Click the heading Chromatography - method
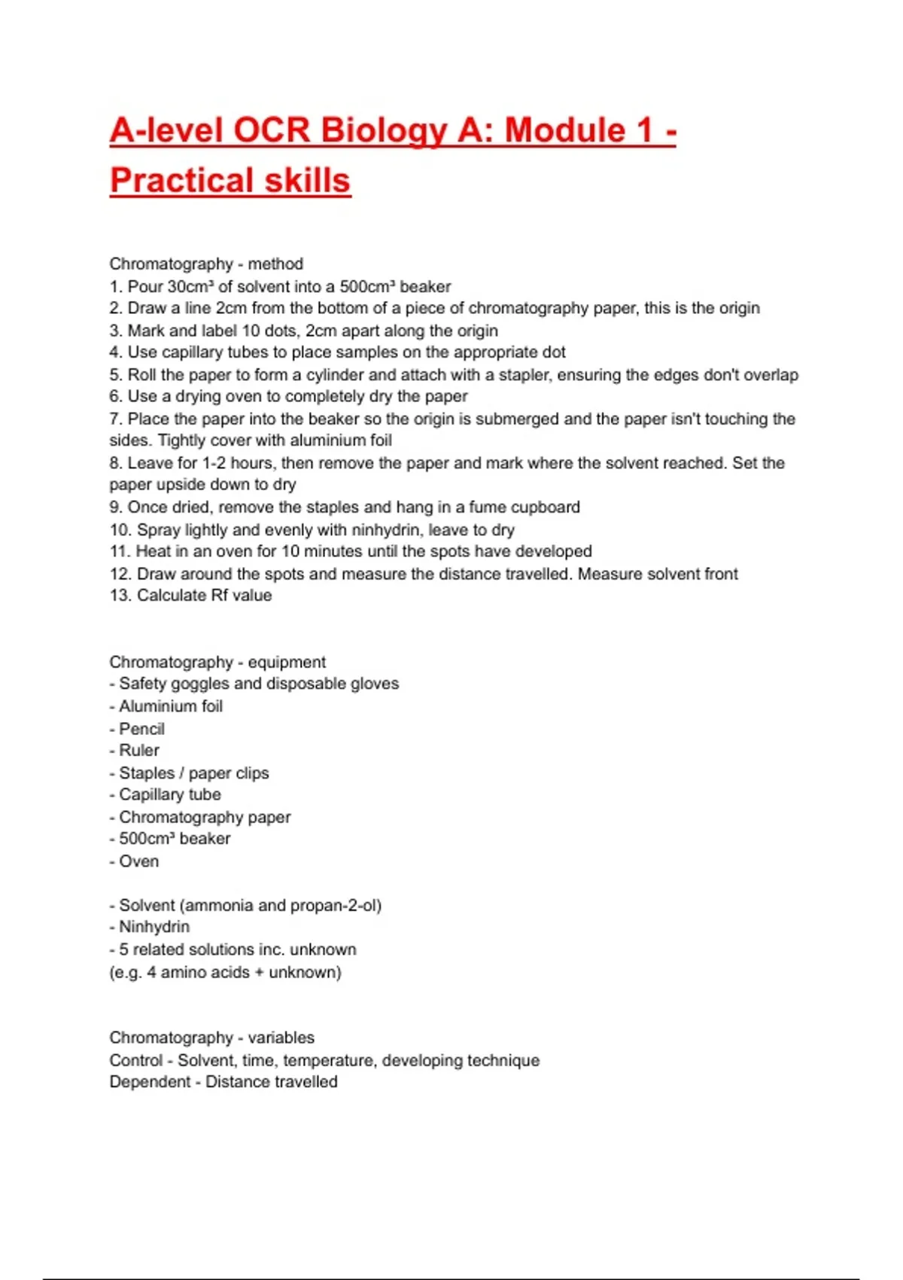(x=206, y=264)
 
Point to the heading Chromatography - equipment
(x=217, y=663)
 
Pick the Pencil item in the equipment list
(x=141, y=729)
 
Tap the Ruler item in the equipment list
(x=139, y=751)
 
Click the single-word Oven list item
(x=138, y=861)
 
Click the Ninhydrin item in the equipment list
(x=154, y=928)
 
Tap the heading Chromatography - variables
(x=211, y=1038)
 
